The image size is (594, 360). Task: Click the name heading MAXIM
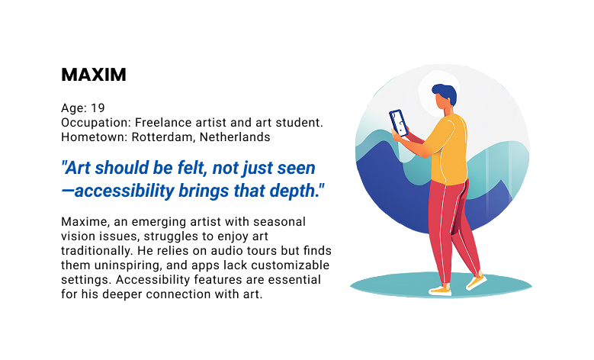coord(93,75)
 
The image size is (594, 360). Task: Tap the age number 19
coord(96,108)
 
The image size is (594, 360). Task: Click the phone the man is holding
coord(398,122)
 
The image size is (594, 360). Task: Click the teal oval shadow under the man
coord(503,285)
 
